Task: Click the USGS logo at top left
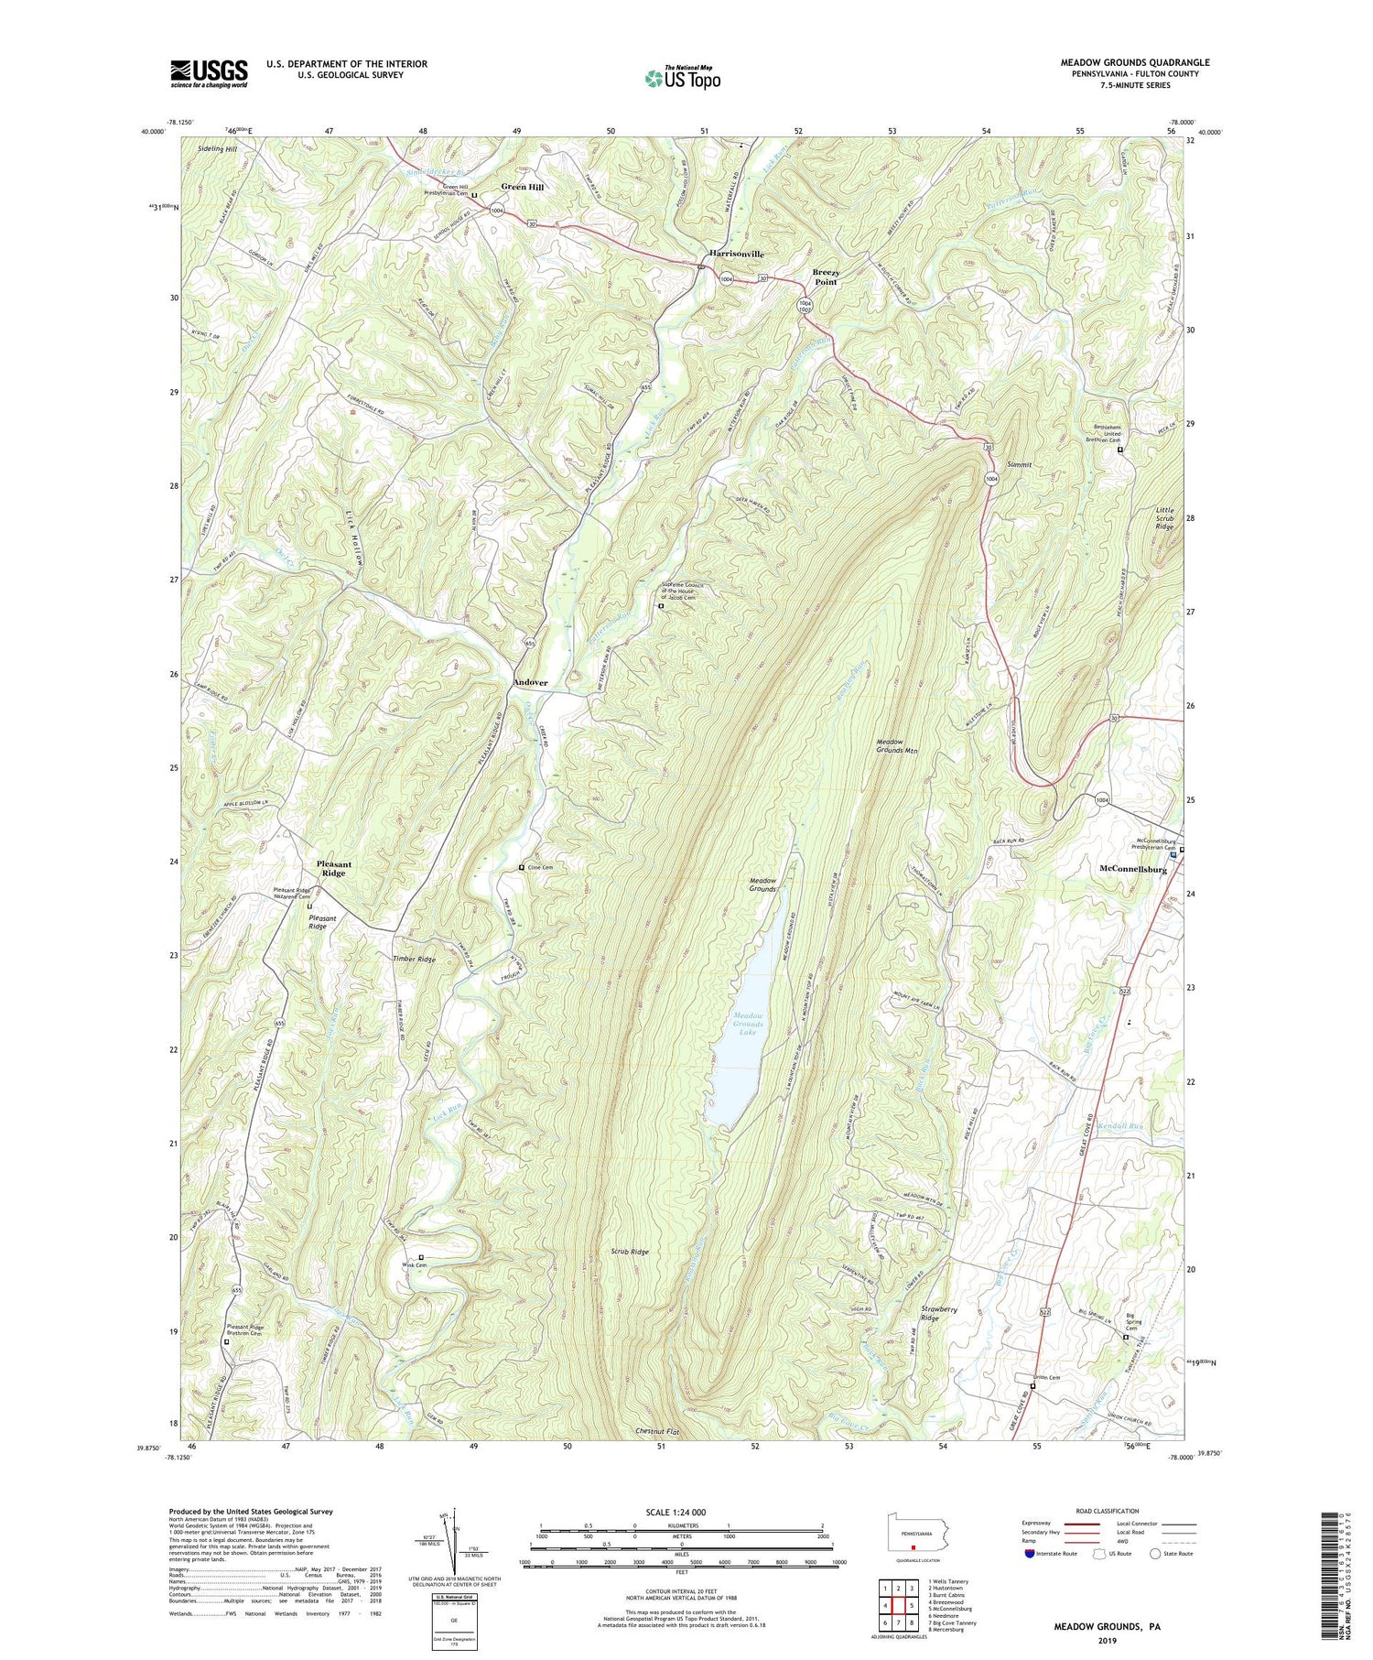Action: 209,73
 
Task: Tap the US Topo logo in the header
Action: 682,78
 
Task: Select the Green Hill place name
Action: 522,187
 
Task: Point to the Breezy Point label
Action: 826,277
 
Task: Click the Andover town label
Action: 530,683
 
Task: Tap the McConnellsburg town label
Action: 1132,869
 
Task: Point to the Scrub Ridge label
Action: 630,1252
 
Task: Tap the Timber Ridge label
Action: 414,960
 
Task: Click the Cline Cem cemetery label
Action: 540,867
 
